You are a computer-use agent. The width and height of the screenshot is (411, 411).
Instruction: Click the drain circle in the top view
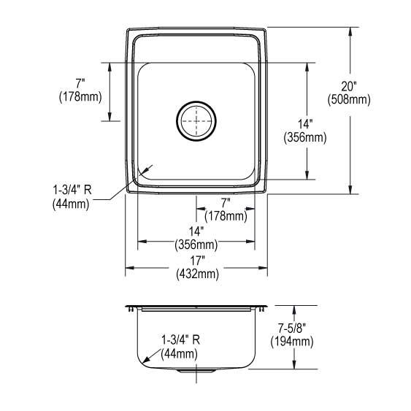click(x=196, y=120)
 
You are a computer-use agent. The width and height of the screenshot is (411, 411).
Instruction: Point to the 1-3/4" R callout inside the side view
click(x=180, y=340)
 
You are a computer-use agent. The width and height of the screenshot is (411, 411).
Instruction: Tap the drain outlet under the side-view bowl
click(x=196, y=372)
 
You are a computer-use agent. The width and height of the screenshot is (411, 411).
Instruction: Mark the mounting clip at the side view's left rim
click(x=131, y=310)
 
